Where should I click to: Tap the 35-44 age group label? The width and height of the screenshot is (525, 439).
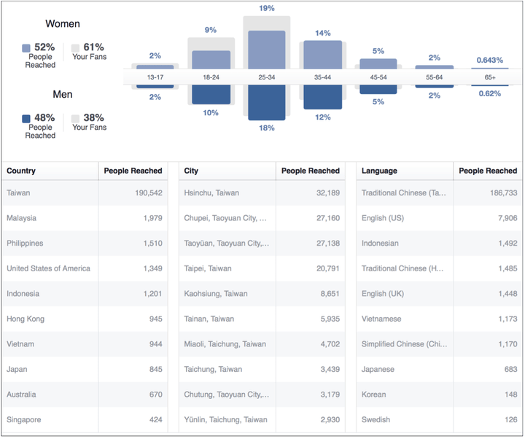pos(322,77)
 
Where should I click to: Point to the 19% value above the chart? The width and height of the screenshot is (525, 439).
pos(266,8)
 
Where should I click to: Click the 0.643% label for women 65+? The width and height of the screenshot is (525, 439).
pos(490,60)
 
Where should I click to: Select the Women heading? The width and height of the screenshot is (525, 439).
pos(62,24)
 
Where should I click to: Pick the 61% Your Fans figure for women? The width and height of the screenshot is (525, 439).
pos(93,47)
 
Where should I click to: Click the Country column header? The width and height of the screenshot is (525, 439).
pos(21,171)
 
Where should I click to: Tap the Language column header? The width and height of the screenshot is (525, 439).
pos(379,171)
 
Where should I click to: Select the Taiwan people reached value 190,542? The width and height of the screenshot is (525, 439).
pos(144,193)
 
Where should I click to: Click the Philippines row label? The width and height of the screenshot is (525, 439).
pos(25,244)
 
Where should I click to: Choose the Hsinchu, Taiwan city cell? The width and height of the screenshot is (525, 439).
pos(211,193)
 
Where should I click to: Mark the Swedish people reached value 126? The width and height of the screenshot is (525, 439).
pos(509,420)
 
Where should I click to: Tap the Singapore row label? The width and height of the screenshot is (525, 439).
pos(24,420)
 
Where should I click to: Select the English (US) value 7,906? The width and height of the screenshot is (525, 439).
pos(502,218)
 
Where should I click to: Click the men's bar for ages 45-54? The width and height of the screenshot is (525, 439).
pos(378,90)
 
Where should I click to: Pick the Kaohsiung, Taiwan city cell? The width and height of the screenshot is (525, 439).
pos(216,294)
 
